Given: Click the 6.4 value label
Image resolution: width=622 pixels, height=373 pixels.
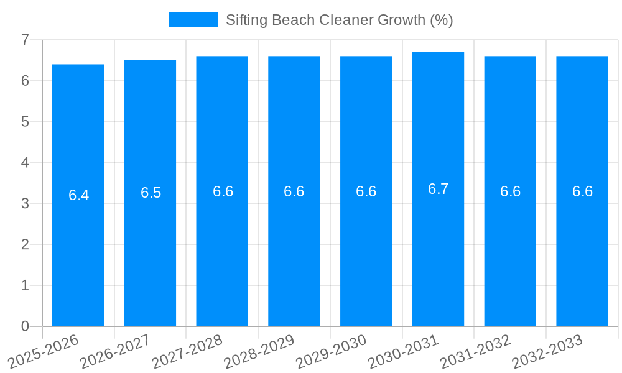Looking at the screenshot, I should coord(79,195).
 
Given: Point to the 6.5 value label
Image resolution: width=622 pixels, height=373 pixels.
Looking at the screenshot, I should coord(151,193).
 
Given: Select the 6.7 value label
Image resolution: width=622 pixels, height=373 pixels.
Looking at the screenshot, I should coord(438,189).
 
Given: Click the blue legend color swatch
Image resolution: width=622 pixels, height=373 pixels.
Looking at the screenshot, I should coord(193,20).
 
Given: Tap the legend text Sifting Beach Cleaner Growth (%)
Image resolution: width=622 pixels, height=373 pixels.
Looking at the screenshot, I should coord(339,20).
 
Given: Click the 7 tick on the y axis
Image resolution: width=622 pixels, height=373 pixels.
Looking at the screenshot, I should coord(25,40).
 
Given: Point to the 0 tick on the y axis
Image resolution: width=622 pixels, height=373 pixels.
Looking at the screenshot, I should coord(25,326).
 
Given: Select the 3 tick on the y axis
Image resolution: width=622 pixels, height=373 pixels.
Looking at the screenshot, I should coord(25,203).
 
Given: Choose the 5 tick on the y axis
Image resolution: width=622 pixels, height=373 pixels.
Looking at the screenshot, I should coord(25,122).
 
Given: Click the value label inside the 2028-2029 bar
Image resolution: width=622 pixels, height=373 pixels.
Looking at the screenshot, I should coord(294,191).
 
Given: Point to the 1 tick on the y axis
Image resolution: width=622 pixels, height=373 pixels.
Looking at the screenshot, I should coord(25,285).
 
